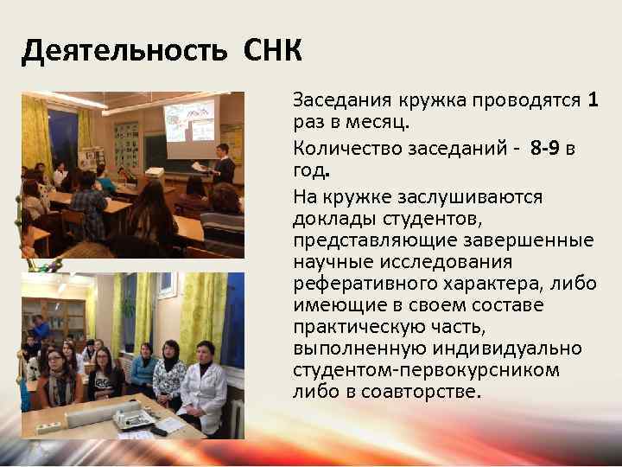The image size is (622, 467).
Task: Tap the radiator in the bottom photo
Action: point(234,419)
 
